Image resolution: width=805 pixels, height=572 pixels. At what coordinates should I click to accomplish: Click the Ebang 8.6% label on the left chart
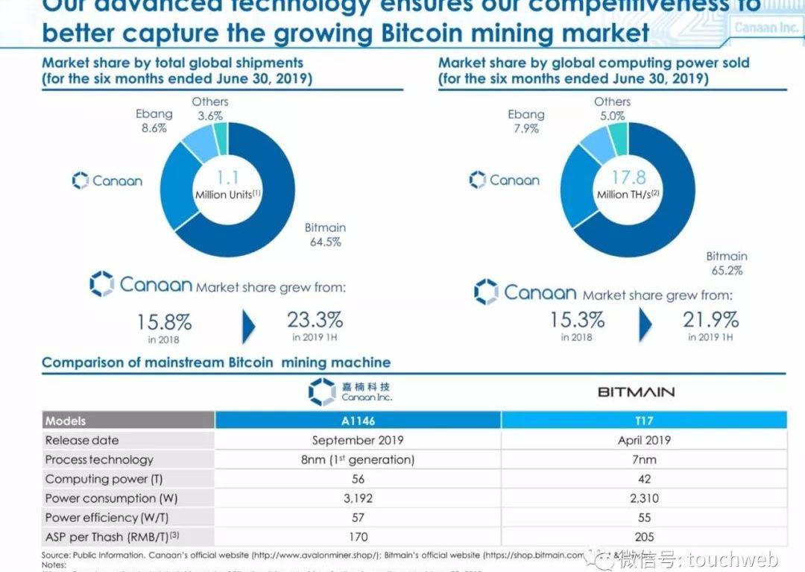[x=154, y=121]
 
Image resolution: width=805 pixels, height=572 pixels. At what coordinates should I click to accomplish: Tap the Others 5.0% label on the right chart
[x=612, y=108]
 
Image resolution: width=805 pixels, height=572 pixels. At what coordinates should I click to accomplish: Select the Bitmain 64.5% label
[x=325, y=234]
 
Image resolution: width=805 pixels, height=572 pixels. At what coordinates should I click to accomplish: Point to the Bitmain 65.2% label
[x=726, y=263]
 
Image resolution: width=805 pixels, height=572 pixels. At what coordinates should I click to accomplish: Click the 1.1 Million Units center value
[x=227, y=185]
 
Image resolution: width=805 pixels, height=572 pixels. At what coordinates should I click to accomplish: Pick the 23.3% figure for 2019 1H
[x=315, y=321]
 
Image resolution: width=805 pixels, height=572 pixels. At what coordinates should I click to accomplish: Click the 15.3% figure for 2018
[x=577, y=321]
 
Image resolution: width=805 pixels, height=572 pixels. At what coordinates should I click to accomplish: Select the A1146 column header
[x=358, y=421]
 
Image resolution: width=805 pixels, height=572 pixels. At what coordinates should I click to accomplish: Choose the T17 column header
[x=644, y=421]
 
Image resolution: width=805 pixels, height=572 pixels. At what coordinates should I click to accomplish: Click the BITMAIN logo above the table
[x=636, y=392]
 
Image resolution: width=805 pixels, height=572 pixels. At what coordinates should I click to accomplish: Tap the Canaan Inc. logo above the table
[x=350, y=392]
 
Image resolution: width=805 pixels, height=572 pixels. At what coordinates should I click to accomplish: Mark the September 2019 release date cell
[x=358, y=440]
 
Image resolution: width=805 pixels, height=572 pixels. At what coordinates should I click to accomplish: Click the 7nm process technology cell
[x=644, y=459]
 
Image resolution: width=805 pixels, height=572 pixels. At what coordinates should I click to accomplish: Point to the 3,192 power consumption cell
[x=358, y=498]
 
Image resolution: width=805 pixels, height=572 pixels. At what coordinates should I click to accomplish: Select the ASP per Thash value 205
[x=644, y=537]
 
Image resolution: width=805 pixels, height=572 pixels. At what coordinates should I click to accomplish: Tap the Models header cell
[x=66, y=421]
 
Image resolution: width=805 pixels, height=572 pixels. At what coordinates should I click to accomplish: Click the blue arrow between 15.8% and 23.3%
[x=249, y=326]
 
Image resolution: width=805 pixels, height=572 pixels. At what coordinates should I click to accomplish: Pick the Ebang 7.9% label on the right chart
[x=526, y=121]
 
